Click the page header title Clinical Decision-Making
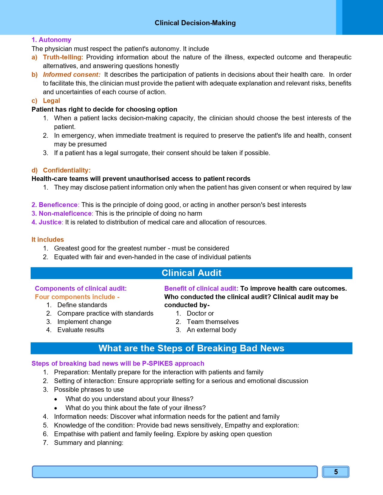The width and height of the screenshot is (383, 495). pos(195,23)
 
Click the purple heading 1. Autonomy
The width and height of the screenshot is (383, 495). pos(51,40)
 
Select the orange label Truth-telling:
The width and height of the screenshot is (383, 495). pos(63,57)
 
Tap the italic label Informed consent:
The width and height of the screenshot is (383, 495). pos(71,75)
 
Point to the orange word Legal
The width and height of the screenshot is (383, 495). pos(51,101)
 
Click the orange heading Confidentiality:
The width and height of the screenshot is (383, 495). pos(67,170)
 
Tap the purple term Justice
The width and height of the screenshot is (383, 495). pos(50,222)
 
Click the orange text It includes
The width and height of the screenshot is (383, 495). pos(48,240)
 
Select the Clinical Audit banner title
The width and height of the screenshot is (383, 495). pos(191,273)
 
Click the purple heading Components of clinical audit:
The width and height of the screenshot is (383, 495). pos(81,289)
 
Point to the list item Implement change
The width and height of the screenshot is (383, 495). pos(84,322)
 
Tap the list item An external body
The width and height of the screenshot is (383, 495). pos(211,330)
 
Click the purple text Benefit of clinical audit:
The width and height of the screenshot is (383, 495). pos(201,289)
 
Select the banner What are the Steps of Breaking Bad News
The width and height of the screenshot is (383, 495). pos(191,348)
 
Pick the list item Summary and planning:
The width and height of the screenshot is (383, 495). pos(89,443)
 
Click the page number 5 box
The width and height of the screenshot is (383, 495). pos(336,472)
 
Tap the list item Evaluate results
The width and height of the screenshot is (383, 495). pos(81,330)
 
